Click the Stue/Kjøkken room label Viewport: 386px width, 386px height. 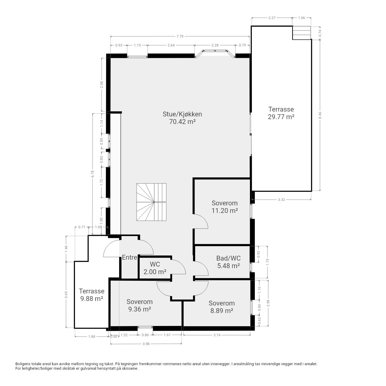point(182,114)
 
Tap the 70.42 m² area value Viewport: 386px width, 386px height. point(182,122)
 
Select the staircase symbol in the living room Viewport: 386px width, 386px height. point(151,202)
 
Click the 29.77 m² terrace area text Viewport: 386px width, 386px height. point(281,117)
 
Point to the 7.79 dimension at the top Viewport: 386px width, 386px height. point(180,36)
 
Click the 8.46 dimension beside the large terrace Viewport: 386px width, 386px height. point(320,115)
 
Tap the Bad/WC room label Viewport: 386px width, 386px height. point(228,258)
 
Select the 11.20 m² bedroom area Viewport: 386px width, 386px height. point(225,210)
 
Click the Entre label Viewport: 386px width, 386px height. point(129,258)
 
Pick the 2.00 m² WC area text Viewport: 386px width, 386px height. point(155,272)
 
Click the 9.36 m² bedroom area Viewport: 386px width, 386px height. point(139,309)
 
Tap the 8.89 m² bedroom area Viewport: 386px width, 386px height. point(222,311)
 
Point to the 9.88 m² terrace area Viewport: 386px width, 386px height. point(92,299)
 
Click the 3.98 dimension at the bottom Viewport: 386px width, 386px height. point(146,344)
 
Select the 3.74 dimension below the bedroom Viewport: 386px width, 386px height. point(217,335)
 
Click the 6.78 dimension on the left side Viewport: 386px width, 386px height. point(92,174)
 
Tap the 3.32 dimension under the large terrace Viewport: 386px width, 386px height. point(281,200)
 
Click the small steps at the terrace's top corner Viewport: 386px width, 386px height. point(302,33)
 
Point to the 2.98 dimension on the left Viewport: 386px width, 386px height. point(102,84)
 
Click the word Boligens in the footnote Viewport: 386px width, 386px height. point(23,364)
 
